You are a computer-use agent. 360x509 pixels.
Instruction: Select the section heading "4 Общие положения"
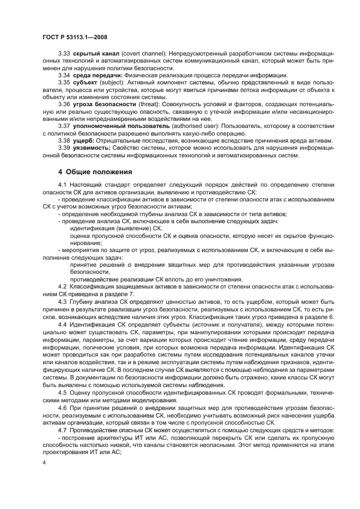click(x=95, y=172)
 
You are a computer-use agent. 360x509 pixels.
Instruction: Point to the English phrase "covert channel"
click(x=144, y=56)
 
